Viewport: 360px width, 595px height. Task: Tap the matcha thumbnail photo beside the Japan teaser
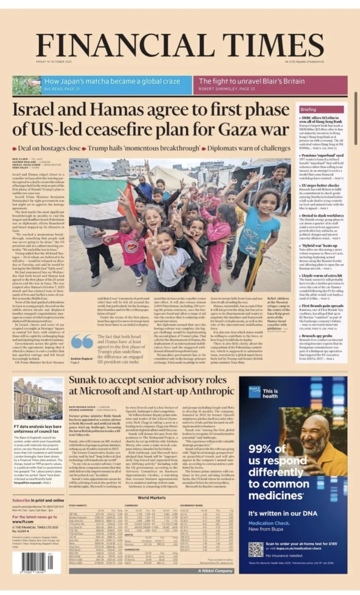(27, 85)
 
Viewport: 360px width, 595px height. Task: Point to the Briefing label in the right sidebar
(325, 109)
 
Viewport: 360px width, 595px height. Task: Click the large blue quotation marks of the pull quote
(82, 342)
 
